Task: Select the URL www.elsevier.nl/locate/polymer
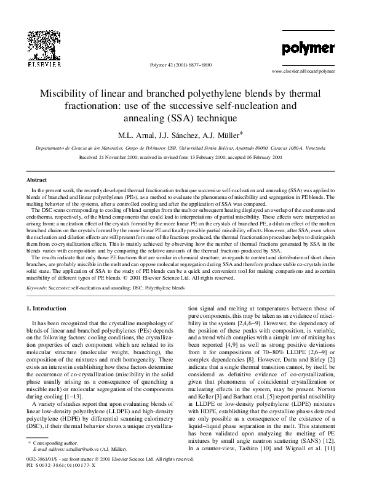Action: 312,71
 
